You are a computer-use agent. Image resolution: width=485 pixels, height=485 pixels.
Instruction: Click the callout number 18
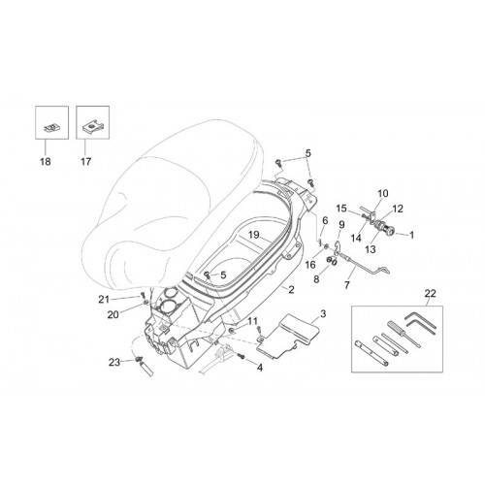46,161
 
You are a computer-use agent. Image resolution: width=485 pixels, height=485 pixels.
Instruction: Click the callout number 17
86,161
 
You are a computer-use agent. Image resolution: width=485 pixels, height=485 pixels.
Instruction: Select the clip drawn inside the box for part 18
50,127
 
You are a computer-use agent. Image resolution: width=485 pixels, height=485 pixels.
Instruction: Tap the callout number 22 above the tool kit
431,293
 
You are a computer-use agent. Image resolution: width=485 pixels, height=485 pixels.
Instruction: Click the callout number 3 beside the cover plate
323,313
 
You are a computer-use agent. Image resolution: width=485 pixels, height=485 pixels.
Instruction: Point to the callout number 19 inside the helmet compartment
254,235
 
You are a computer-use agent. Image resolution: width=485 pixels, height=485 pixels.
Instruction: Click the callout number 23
114,363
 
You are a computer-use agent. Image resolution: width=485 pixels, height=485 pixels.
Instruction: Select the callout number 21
104,300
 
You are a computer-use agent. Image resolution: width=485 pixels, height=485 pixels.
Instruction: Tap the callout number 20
113,314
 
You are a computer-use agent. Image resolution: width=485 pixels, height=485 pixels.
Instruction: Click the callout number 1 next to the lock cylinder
411,235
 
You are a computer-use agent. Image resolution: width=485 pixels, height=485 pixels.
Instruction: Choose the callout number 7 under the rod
347,285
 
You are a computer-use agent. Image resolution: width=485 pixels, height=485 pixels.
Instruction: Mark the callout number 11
252,321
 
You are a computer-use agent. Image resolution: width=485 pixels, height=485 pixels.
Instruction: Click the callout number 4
260,368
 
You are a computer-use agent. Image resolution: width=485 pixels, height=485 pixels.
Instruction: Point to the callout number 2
291,289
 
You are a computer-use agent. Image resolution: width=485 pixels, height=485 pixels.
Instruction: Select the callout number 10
383,193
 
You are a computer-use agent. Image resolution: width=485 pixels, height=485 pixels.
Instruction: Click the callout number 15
341,209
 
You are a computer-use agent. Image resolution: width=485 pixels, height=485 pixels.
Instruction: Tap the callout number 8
316,279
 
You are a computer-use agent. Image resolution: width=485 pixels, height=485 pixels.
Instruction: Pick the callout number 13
371,249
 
